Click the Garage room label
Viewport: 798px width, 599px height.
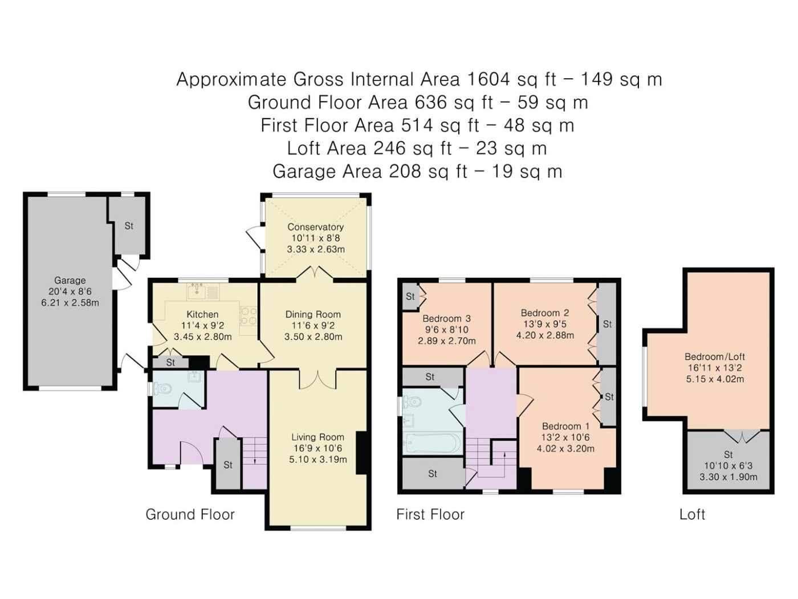(70, 281)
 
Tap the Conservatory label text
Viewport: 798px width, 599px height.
(316, 227)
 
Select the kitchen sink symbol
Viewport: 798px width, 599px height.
(203, 292)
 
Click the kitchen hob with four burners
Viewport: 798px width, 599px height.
(249, 316)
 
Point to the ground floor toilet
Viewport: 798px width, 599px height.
(162, 389)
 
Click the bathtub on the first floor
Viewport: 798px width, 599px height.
(432, 443)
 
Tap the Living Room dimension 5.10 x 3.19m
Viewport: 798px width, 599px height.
(317, 459)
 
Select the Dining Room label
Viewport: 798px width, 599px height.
(313, 314)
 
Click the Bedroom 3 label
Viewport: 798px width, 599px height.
(446, 318)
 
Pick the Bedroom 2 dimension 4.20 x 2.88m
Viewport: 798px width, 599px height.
(545, 335)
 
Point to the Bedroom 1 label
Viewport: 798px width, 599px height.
(565, 426)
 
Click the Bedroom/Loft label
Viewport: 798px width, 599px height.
(715, 357)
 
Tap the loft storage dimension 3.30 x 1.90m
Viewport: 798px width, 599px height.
(728, 477)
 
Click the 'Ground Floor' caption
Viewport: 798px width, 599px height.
(190, 515)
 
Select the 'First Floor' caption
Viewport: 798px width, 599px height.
(430, 515)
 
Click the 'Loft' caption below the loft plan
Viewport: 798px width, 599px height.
(692, 515)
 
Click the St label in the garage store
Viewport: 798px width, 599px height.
(129, 226)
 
